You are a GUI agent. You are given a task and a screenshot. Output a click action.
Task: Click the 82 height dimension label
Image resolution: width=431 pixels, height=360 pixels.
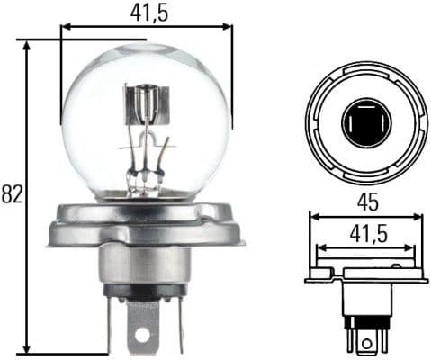(11, 194)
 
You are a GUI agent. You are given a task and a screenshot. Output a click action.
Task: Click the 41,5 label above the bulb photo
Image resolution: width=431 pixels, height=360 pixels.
(147, 12)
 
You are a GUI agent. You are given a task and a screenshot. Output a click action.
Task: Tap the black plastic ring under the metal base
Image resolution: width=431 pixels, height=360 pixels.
(144, 292)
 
